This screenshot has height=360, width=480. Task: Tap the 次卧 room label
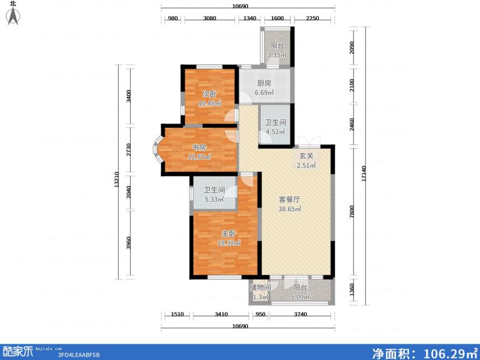[x=209, y=94]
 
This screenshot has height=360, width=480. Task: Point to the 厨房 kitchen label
[x=264, y=84]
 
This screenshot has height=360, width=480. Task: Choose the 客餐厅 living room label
[x=289, y=199]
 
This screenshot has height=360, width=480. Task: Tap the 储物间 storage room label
[x=260, y=288]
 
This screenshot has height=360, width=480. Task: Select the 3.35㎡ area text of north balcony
[x=277, y=56]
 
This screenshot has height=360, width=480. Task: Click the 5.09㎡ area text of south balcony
[x=300, y=296]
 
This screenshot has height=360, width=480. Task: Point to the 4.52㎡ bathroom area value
[x=275, y=133]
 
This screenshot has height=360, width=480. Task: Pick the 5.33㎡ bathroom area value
[x=214, y=200]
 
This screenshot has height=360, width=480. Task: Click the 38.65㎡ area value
[x=289, y=209]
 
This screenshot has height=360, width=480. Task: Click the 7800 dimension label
[x=353, y=211]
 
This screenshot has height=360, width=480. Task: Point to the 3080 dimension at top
[x=209, y=19]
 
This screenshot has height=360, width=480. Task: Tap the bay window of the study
[x=157, y=148]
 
